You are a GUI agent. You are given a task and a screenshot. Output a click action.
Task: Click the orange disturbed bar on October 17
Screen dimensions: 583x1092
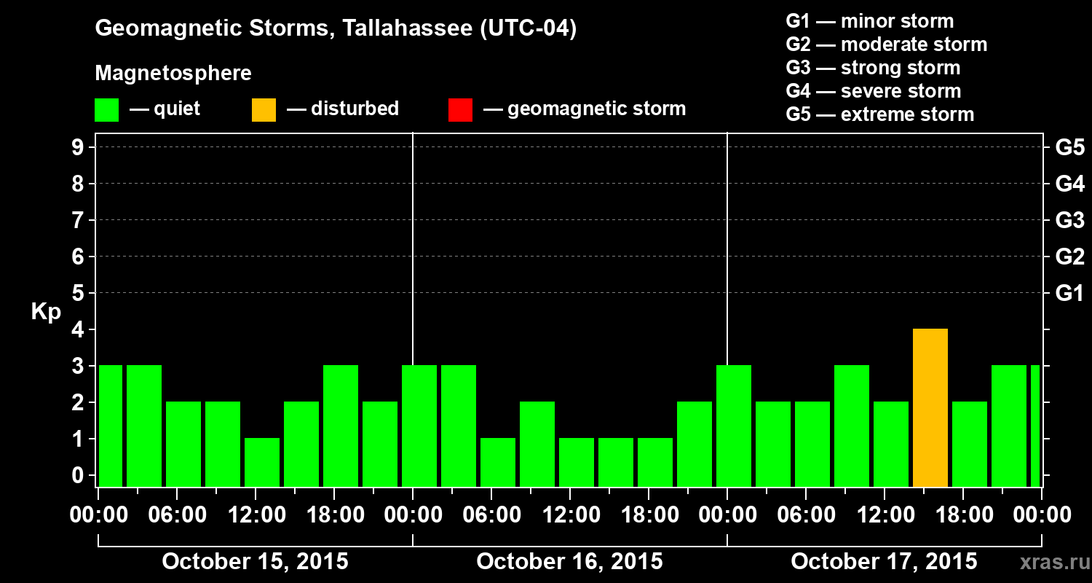[930, 408]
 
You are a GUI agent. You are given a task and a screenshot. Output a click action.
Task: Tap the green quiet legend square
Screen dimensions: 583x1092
[106, 109]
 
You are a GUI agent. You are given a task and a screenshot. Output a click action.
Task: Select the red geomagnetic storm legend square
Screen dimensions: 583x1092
[460, 109]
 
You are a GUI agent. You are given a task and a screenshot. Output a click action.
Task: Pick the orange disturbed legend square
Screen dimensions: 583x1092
[264, 109]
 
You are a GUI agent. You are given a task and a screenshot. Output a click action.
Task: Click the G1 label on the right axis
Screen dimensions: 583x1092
[1069, 293]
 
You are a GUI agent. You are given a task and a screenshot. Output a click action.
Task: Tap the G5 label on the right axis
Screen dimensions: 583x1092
[1069, 147]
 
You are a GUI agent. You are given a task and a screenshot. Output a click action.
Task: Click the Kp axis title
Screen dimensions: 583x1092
[46, 312]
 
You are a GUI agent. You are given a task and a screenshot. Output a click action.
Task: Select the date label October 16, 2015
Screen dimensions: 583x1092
[569, 561]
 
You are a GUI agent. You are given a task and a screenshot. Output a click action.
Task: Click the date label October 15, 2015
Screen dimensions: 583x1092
[255, 561]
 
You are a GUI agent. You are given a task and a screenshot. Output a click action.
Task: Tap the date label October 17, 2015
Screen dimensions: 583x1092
[884, 561]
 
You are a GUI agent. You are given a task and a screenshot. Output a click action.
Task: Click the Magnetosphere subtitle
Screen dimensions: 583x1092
[173, 74]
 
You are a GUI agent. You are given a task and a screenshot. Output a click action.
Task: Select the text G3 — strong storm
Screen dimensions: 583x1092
[873, 68]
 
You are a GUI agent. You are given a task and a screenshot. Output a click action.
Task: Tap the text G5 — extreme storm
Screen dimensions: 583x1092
[879, 114]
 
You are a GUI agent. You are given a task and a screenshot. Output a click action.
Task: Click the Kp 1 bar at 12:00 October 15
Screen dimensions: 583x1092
[262, 462]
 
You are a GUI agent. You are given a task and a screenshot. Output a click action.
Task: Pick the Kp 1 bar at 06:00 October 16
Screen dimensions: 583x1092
[498, 462]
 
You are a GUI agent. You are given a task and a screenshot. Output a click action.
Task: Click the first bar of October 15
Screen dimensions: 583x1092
[111, 426]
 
